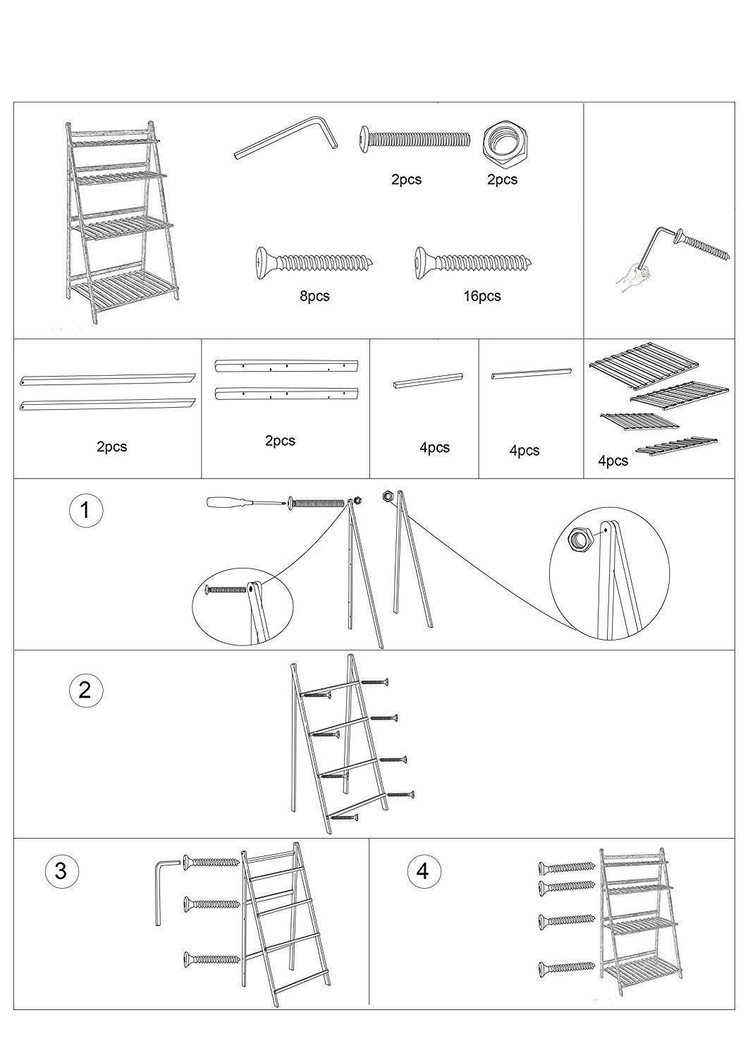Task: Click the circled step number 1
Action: [85, 511]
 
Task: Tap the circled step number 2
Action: [85, 690]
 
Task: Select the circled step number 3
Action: [61, 871]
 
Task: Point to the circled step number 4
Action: [424, 870]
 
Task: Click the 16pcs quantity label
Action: [482, 297]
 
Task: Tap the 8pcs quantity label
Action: [315, 297]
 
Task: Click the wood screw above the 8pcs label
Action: [314, 262]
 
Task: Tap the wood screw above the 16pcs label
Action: [474, 262]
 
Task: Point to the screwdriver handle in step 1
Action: [224, 502]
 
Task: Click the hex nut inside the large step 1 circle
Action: [580, 539]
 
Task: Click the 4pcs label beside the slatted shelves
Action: [613, 461]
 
